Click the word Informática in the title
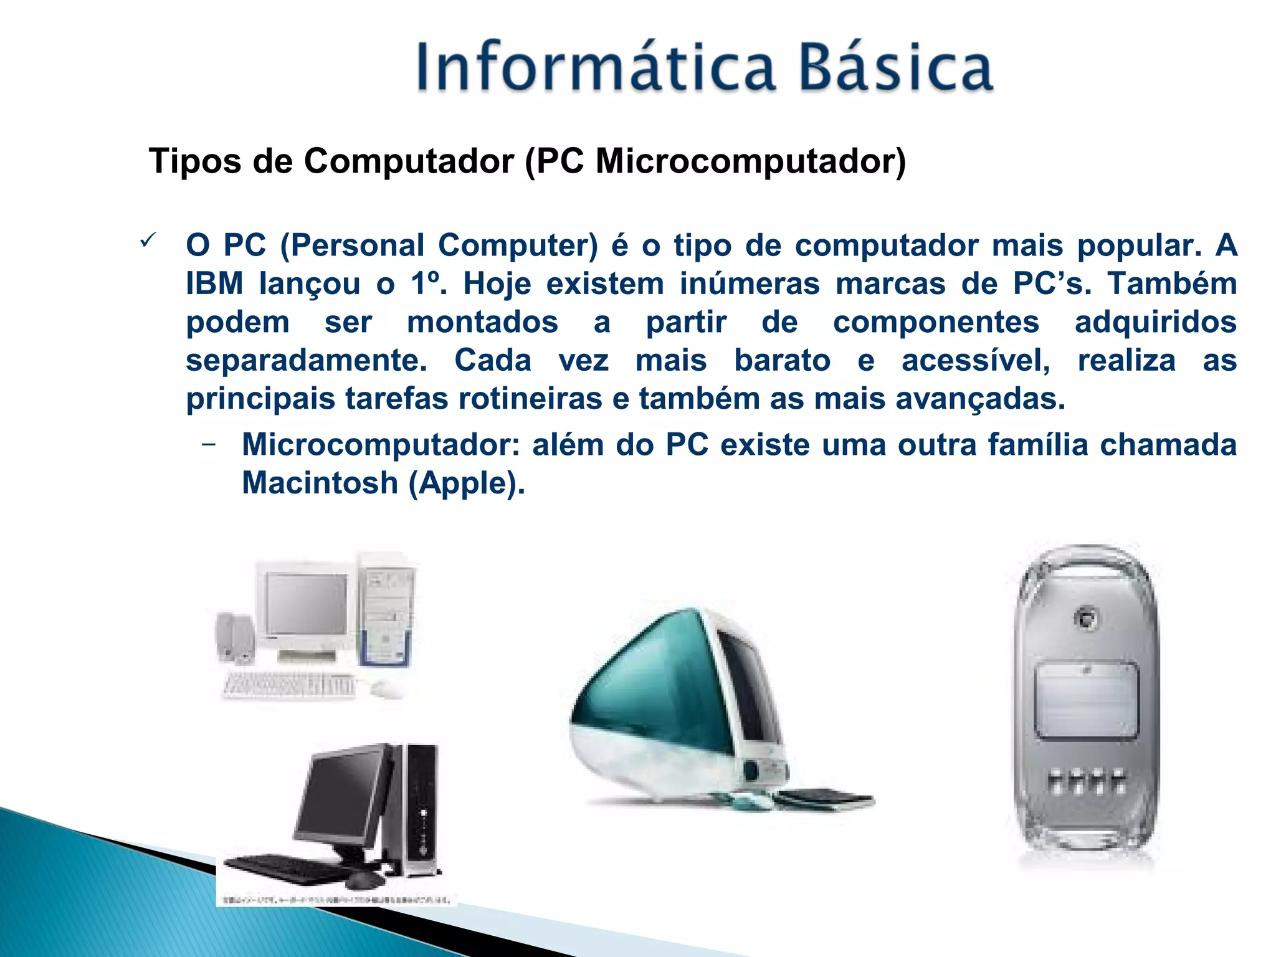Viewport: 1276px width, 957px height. pos(595,67)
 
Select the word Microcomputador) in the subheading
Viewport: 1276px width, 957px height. pos(750,162)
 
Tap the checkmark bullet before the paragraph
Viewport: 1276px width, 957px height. pos(148,239)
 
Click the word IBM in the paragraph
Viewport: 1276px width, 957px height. pos(214,284)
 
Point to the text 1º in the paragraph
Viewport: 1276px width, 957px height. pos(427,284)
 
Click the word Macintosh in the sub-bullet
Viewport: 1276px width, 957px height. pos(320,483)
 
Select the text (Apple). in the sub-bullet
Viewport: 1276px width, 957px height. pos(467,483)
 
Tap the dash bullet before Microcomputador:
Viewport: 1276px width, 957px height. pos(209,444)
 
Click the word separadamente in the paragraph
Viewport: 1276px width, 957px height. pos(305,361)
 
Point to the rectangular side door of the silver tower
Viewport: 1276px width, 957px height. pos(1086,701)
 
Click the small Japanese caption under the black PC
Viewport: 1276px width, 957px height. pos(336,900)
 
